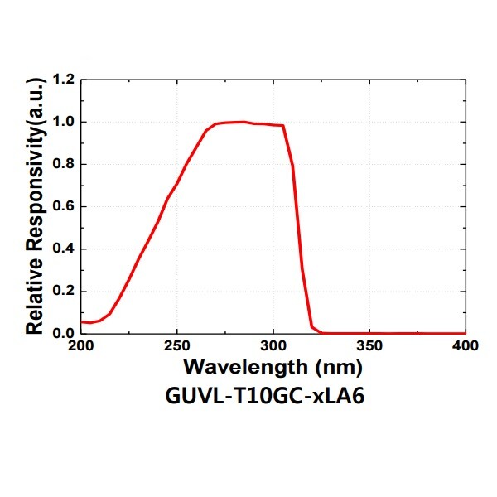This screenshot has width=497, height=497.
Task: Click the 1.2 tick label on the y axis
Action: click(63, 80)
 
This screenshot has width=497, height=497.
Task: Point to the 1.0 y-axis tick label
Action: click(63, 122)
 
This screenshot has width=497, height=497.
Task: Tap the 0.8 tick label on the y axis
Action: click(63, 164)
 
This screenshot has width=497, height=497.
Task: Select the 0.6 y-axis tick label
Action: click(63, 206)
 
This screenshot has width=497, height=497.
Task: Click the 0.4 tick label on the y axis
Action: click(63, 248)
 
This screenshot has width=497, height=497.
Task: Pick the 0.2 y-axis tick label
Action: click(63, 291)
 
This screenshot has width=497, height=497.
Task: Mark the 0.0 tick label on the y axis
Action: click(63, 333)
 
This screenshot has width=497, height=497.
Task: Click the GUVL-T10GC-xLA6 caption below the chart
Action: click(265, 396)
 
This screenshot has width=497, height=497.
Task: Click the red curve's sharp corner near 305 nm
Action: click(283, 126)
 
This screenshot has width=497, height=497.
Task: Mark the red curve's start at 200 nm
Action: click(81, 321)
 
